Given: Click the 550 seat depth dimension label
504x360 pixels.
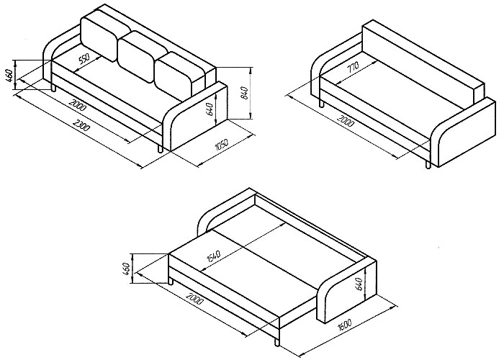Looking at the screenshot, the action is (x=84, y=59).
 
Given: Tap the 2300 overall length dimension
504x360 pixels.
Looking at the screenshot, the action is (x=81, y=125).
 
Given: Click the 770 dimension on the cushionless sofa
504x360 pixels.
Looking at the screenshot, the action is (x=352, y=67).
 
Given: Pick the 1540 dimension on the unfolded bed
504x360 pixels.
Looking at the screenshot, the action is (x=213, y=256).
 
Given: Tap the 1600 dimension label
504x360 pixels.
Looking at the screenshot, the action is (x=345, y=325).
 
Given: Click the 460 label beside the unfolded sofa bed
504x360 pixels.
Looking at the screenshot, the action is (x=126, y=269).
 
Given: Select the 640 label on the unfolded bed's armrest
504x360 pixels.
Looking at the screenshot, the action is (x=359, y=284).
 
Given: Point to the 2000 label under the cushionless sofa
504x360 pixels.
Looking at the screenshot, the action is (x=346, y=120).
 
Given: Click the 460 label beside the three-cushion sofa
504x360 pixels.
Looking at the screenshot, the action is (x=9, y=75).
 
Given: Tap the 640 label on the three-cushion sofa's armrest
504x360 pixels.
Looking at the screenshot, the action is (x=210, y=109).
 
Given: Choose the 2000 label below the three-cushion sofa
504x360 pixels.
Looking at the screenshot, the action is (x=78, y=105).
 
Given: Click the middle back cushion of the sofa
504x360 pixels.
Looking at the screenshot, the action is (x=141, y=57).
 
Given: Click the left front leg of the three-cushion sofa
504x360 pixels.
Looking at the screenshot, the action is (x=54, y=87).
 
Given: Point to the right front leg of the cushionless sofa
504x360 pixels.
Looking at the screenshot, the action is (x=428, y=164).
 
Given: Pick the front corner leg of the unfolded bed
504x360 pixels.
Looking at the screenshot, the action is (x=276, y=342).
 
